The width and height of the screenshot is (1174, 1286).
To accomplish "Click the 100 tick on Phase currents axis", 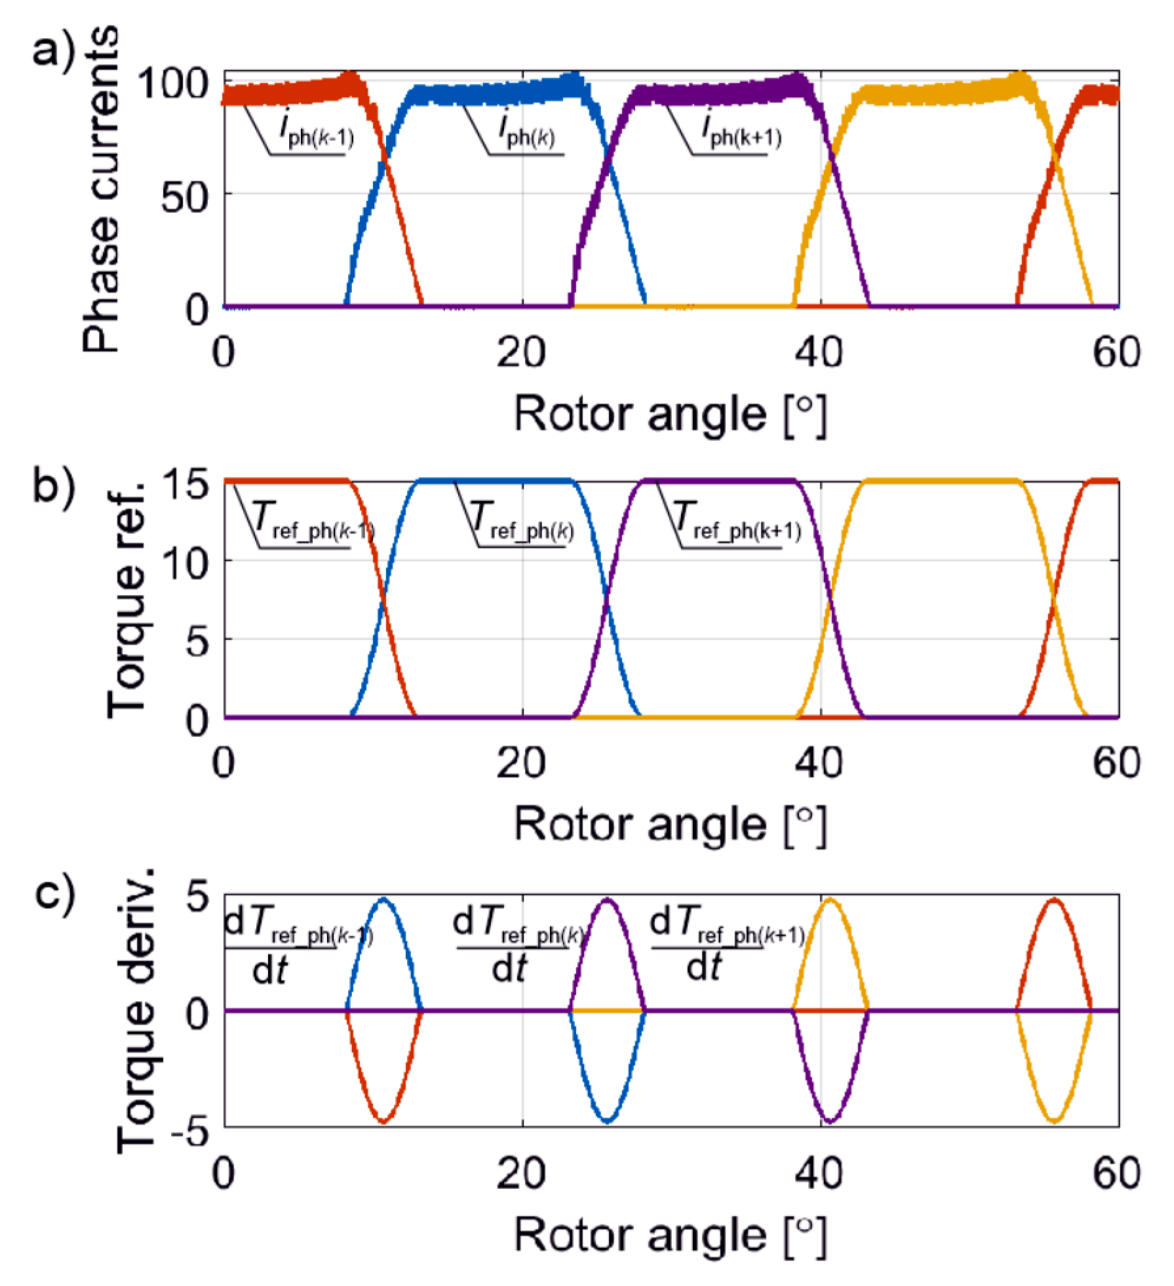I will click(173, 83).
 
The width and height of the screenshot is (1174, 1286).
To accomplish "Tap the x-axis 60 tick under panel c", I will click(1116, 1173).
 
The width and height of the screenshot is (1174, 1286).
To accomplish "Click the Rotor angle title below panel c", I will click(670, 1236).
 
